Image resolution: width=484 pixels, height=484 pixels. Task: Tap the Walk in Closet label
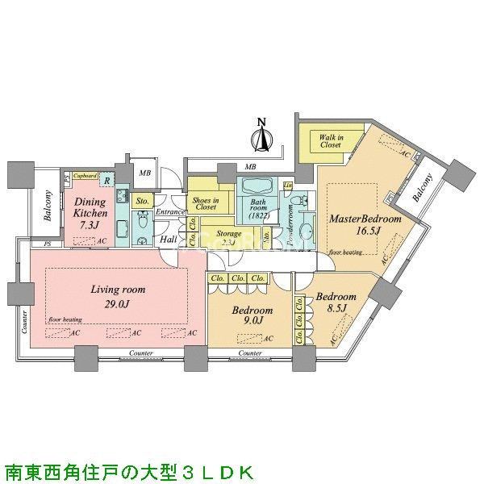(330, 142)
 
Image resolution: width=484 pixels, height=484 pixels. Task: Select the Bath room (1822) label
(260, 209)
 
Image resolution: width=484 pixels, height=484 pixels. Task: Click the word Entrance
(170, 212)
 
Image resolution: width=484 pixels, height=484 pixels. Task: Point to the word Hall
(168, 239)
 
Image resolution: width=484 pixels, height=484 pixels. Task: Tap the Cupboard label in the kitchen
(86, 175)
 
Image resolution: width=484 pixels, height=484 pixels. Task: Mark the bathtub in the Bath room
(260, 190)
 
